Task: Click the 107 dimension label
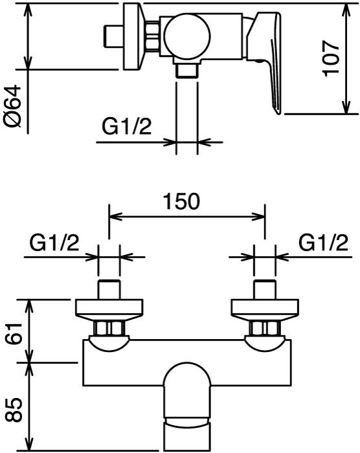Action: click(x=331, y=58)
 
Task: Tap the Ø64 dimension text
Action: click(x=14, y=105)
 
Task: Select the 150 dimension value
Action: click(x=181, y=201)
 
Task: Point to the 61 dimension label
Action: click(x=14, y=334)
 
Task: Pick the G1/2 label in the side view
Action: click(x=127, y=126)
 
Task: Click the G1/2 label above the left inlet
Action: click(x=54, y=243)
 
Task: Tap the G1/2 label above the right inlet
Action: click(x=323, y=243)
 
